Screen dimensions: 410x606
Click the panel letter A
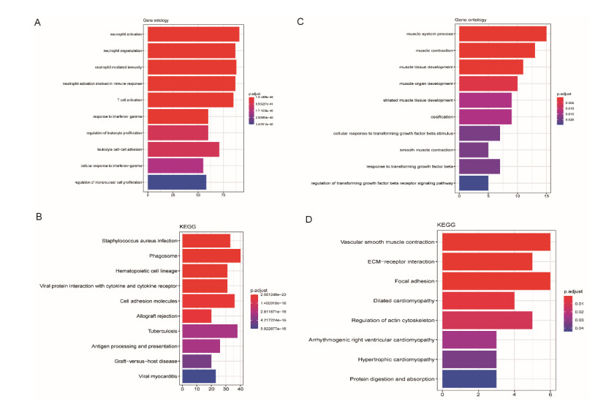click(37, 23)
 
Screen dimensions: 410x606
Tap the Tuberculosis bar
click(210, 331)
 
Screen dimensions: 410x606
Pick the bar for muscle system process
click(502, 34)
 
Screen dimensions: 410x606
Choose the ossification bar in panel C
click(485, 116)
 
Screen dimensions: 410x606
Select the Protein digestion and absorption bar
click(469, 379)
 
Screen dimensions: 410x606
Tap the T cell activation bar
click(191, 100)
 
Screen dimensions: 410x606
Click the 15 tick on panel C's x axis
click(547, 196)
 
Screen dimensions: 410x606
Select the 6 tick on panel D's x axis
click(550, 395)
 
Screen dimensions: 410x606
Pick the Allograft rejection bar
click(197, 316)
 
